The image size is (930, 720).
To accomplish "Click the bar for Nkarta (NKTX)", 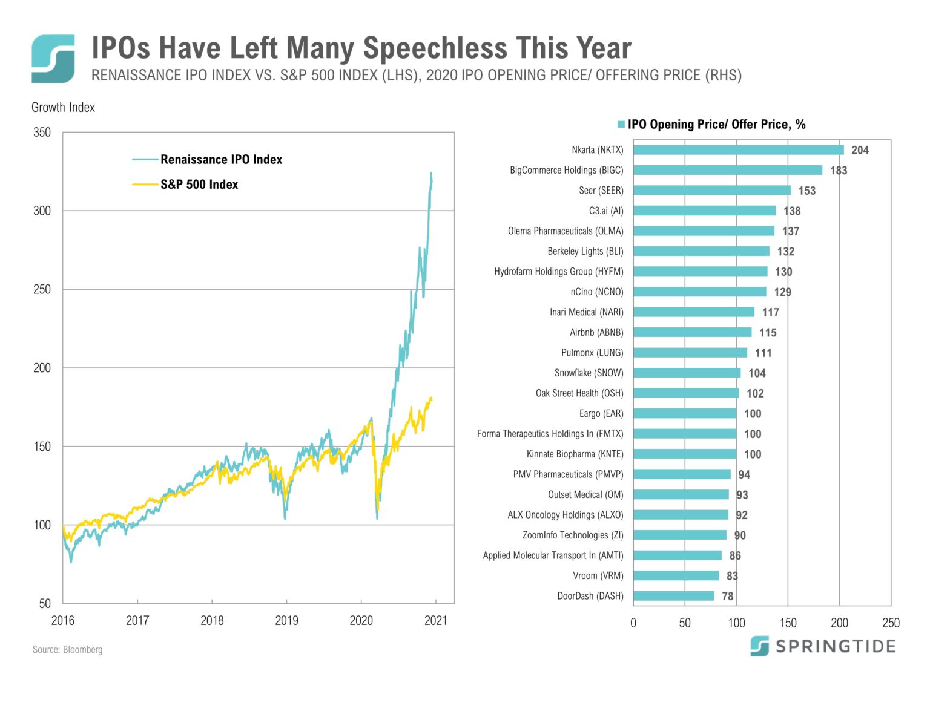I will point(738,150).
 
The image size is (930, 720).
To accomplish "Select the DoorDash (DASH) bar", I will point(673,596).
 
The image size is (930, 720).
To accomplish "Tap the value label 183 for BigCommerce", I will point(839,171).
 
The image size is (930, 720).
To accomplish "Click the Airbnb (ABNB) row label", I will point(596,332).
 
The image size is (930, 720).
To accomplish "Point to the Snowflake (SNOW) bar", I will point(687,373).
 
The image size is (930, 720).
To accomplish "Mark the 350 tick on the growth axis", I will point(42,133).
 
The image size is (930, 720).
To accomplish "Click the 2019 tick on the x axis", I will point(286,620).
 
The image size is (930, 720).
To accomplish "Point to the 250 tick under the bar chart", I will point(891,623).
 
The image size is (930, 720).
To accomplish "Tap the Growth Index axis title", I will point(63,108).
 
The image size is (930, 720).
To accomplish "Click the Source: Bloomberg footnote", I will point(67,650).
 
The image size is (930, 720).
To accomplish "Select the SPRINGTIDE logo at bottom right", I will point(823,646).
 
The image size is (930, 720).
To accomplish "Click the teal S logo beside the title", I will point(53,59).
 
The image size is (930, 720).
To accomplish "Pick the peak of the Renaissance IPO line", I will point(431,174).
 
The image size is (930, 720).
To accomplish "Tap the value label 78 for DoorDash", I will point(728,597).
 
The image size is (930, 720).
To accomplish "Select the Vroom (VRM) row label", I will point(598,575).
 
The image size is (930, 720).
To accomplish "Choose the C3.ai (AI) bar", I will point(704,211).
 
